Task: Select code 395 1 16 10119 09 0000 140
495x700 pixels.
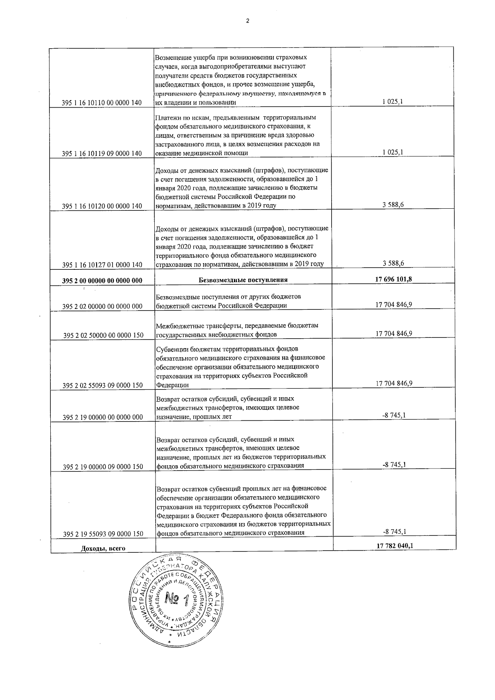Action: click(102, 153)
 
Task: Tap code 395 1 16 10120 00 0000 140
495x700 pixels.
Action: click(102, 206)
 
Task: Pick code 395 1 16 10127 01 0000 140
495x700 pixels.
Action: click(102, 264)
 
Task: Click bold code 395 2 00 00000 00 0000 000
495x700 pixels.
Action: click(102, 280)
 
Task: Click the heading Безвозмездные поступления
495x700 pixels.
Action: click(243, 280)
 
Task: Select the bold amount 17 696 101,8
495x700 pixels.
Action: click(394, 279)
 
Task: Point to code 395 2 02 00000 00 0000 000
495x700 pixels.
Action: click(102, 306)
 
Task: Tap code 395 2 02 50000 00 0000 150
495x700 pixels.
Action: click(103, 335)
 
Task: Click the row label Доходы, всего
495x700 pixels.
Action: click(103, 548)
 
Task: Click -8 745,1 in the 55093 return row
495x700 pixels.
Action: click(394, 531)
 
